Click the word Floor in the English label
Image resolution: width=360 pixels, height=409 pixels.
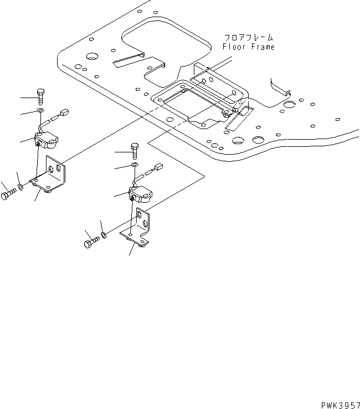click(233, 47)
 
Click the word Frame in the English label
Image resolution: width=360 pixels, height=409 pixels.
click(261, 47)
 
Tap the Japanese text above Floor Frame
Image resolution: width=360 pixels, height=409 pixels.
click(249, 38)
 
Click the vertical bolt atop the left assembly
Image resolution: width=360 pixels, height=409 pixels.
click(41, 96)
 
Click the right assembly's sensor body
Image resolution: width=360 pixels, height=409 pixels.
click(141, 194)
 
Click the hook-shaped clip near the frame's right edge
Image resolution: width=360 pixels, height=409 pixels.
click(280, 86)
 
